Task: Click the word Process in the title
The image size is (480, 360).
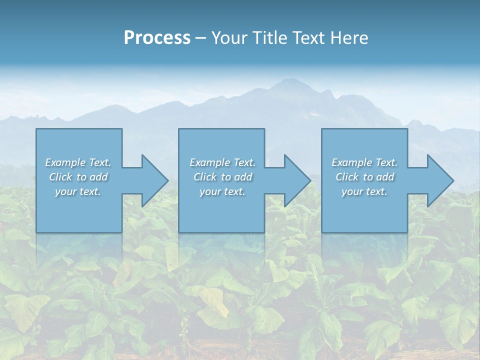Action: (x=157, y=38)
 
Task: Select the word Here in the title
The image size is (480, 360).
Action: (x=349, y=38)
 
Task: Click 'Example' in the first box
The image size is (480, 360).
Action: (x=65, y=162)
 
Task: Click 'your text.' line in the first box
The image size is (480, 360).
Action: (x=78, y=191)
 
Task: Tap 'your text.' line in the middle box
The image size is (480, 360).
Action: (x=222, y=191)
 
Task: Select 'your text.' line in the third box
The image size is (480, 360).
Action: (x=364, y=191)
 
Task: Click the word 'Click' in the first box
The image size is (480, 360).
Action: (x=60, y=177)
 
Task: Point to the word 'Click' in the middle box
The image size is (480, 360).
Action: (x=204, y=177)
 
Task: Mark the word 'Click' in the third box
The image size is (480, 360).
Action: (x=346, y=177)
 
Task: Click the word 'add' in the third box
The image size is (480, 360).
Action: (x=385, y=177)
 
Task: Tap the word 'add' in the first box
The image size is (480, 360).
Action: (x=99, y=177)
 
